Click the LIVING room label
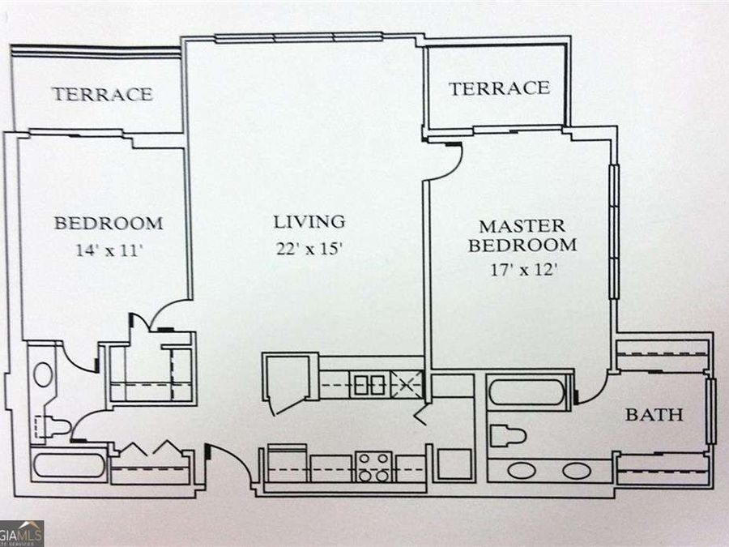[309, 222]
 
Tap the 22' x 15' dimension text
[309, 249]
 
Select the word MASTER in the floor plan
[522, 227]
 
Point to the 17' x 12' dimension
[523, 270]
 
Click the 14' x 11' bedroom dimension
[109, 250]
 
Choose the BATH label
[654, 414]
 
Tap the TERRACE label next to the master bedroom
[499, 88]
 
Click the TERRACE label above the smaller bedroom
[103, 95]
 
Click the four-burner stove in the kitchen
[373, 467]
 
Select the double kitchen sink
[370, 385]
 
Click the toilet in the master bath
[508, 436]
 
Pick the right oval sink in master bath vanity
[577, 471]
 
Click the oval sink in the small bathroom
[43, 375]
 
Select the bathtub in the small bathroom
[70, 465]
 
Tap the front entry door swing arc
[235, 460]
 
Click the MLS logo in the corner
[22, 533]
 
